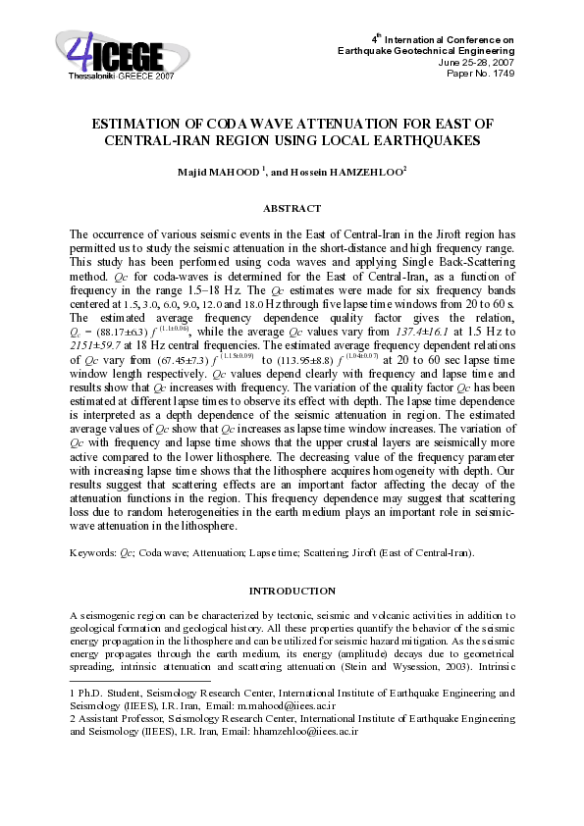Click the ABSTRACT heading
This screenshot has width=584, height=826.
click(292, 208)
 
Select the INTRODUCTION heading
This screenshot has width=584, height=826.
click(292, 591)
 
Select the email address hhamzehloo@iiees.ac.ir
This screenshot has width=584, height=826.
click(305, 732)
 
